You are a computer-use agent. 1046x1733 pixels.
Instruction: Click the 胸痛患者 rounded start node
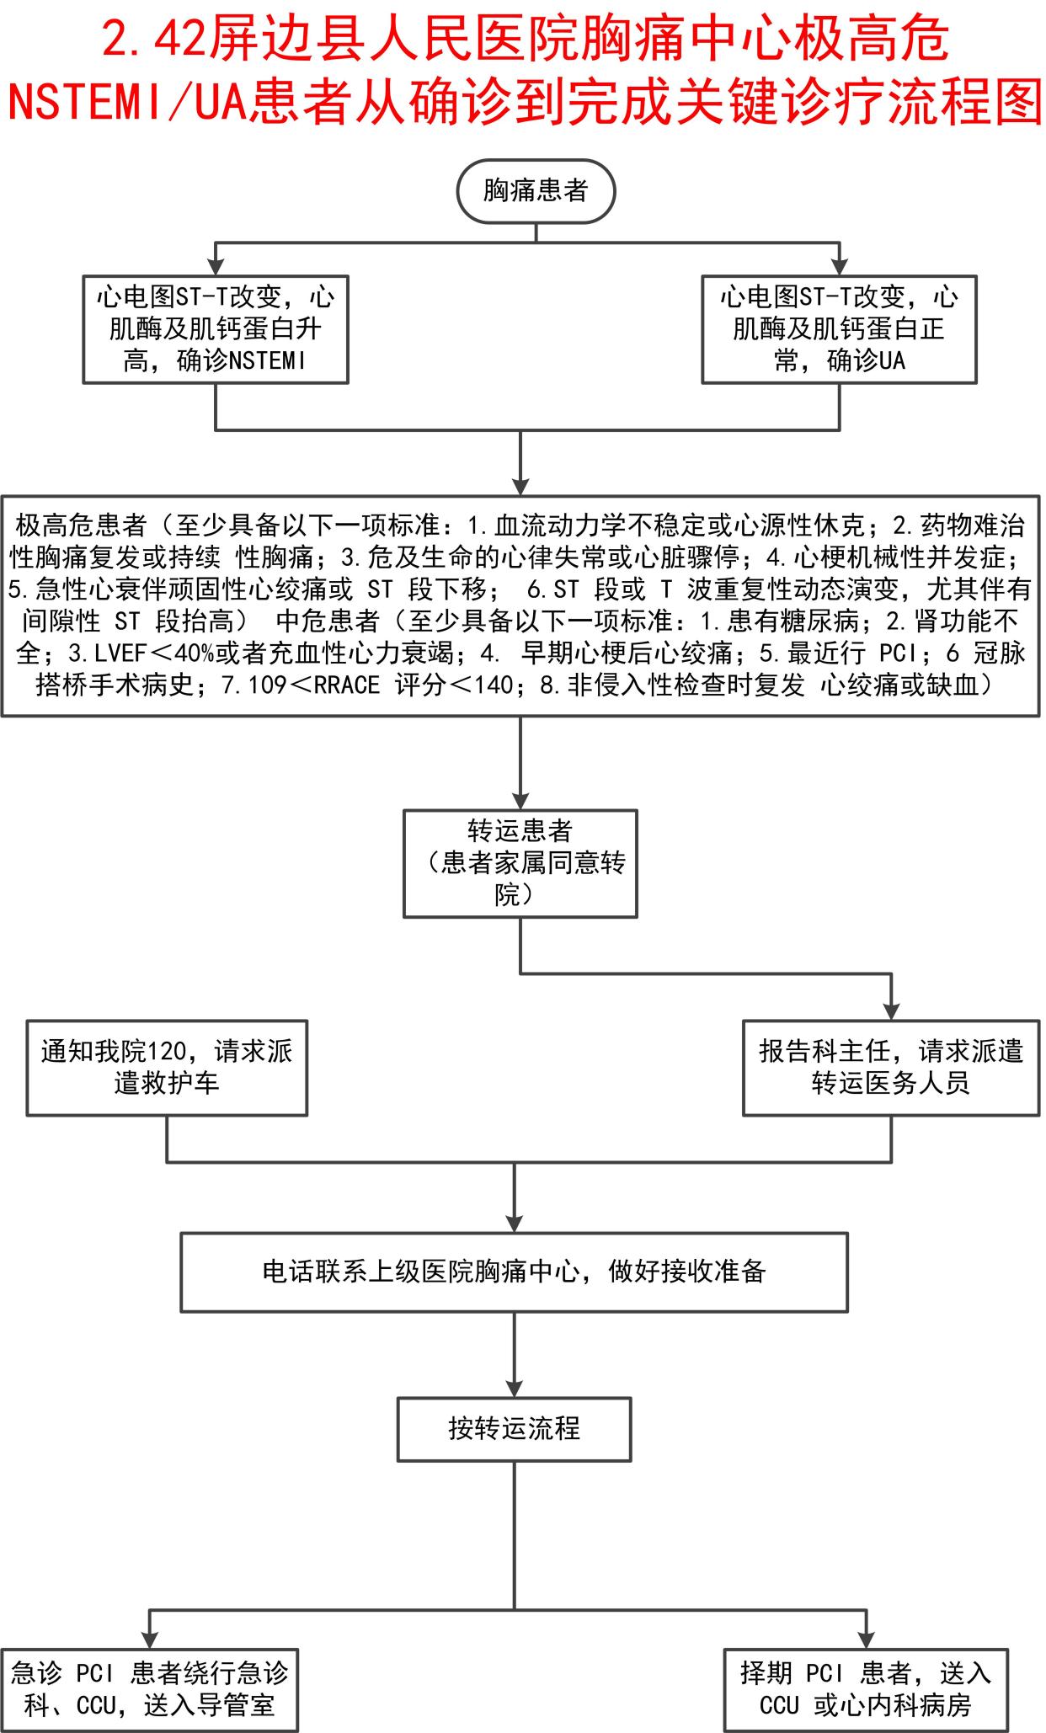(536, 191)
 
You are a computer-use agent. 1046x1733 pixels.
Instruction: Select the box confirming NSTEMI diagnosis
(216, 329)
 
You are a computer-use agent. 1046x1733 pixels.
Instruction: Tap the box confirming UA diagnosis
(839, 329)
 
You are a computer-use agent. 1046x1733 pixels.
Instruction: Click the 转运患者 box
(520, 863)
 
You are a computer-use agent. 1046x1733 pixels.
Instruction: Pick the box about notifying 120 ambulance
(167, 1067)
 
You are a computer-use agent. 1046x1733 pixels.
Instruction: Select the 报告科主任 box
(890, 1067)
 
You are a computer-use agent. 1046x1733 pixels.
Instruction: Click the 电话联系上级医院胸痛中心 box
(514, 1272)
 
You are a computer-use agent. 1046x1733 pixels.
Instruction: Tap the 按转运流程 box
(514, 1429)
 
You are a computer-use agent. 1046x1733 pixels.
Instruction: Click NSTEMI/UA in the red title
(126, 101)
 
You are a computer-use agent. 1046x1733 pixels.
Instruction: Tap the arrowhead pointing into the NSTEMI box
(216, 267)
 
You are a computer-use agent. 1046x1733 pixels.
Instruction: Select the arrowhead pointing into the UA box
(840, 267)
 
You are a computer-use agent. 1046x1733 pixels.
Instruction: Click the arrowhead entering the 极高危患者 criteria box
(520, 486)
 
